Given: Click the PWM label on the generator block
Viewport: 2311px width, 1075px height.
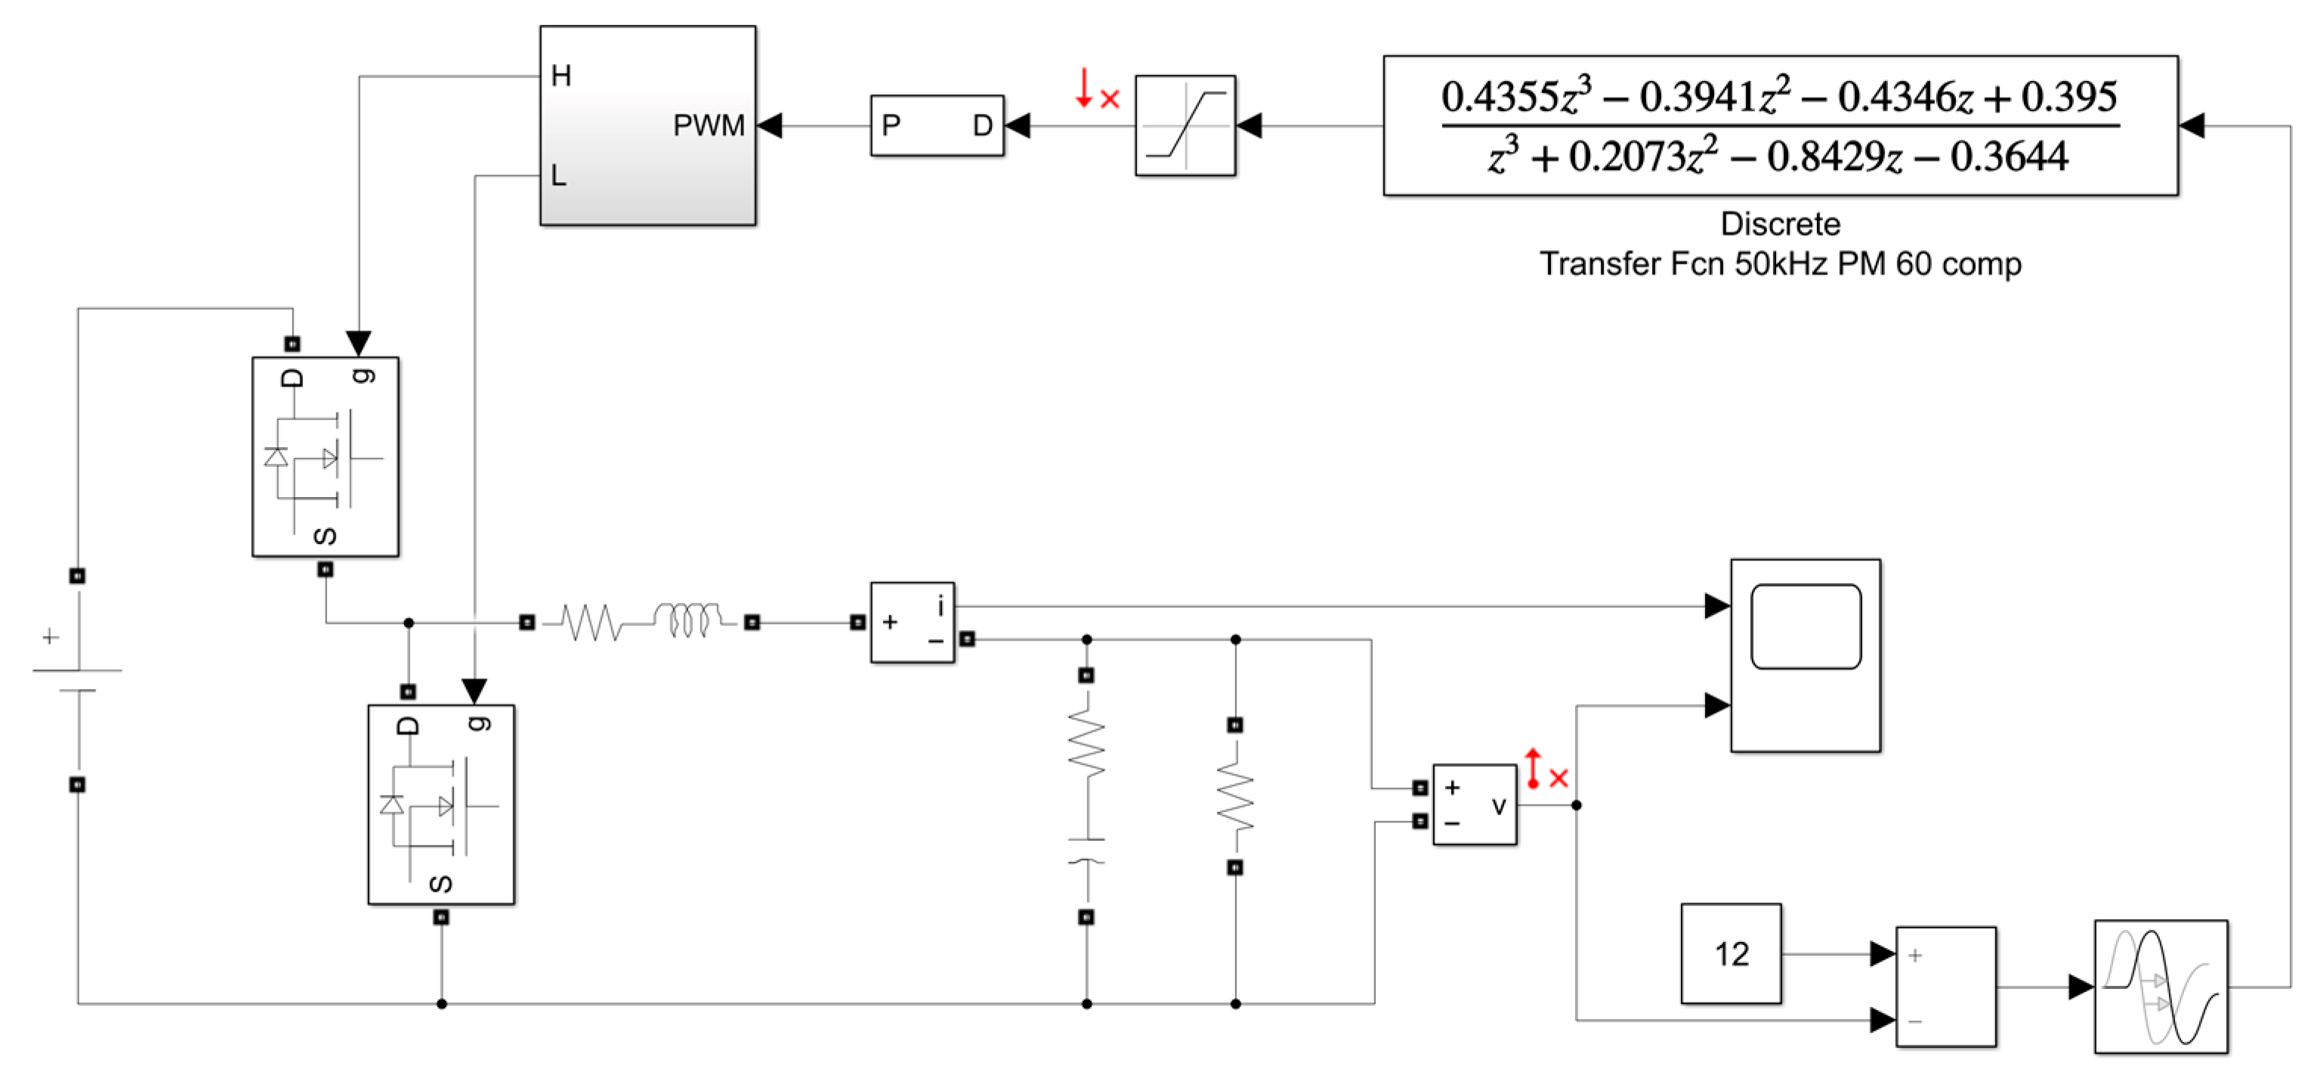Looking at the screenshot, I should (x=708, y=125).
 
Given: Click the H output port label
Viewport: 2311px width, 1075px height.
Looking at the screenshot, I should (x=561, y=76).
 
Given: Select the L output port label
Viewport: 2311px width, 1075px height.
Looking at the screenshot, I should (x=558, y=175).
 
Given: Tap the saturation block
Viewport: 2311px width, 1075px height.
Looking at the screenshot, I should (x=1185, y=125).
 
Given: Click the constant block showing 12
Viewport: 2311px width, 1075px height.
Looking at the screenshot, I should (x=1730, y=953).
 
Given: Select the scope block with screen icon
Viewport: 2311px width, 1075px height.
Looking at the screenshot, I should (x=1804, y=655).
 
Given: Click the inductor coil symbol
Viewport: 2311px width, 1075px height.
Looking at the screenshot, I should (x=686, y=619).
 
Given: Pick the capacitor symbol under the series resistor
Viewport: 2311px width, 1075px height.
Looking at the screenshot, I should (x=1086, y=851).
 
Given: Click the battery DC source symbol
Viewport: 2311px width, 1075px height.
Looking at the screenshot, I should (x=78, y=680).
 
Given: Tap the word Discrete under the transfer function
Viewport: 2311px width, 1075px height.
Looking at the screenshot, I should (x=1780, y=224).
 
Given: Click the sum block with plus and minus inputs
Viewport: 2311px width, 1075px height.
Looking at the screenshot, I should (x=1945, y=986).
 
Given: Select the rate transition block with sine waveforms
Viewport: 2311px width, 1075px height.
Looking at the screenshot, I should (x=2161, y=986).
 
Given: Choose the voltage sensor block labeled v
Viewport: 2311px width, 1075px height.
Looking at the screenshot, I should (x=1474, y=804).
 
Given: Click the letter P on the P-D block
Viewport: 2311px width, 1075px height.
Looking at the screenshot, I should (x=890, y=125).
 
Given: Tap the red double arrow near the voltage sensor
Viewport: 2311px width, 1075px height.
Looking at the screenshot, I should (x=1533, y=769).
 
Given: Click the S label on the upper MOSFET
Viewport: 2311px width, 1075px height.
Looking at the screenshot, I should (x=325, y=536).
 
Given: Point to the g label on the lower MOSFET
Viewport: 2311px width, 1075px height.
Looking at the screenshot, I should (x=480, y=723).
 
